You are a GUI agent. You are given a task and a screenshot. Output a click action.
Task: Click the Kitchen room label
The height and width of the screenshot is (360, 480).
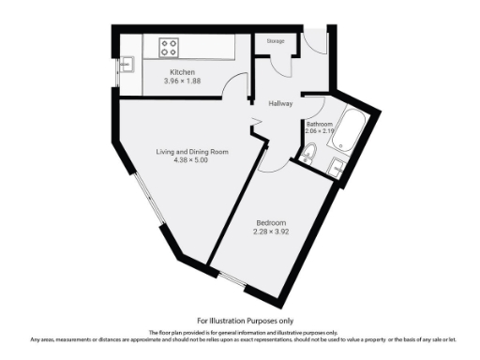point(181,72)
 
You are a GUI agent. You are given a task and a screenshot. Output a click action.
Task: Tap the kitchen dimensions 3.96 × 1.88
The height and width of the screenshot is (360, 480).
point(181,82)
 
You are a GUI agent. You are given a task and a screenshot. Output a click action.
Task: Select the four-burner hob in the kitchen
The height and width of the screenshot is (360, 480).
point(170,45)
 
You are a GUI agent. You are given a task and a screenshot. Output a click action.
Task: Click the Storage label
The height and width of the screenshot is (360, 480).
point(275,41)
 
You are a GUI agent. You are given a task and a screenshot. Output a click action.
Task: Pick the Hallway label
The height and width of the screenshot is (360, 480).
point(280,104)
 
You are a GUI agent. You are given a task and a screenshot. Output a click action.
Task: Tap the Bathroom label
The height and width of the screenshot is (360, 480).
point(320,124)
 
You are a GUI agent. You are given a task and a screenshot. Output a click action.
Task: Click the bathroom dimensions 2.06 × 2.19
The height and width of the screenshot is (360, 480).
point(320,132)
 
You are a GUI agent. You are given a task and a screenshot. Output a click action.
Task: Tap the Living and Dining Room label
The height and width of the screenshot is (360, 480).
point(192,151)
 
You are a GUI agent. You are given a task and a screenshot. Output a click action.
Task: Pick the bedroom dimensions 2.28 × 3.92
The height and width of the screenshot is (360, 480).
point(272,232)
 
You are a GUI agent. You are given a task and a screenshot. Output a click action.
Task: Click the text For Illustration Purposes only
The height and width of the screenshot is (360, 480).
point(239,321)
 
